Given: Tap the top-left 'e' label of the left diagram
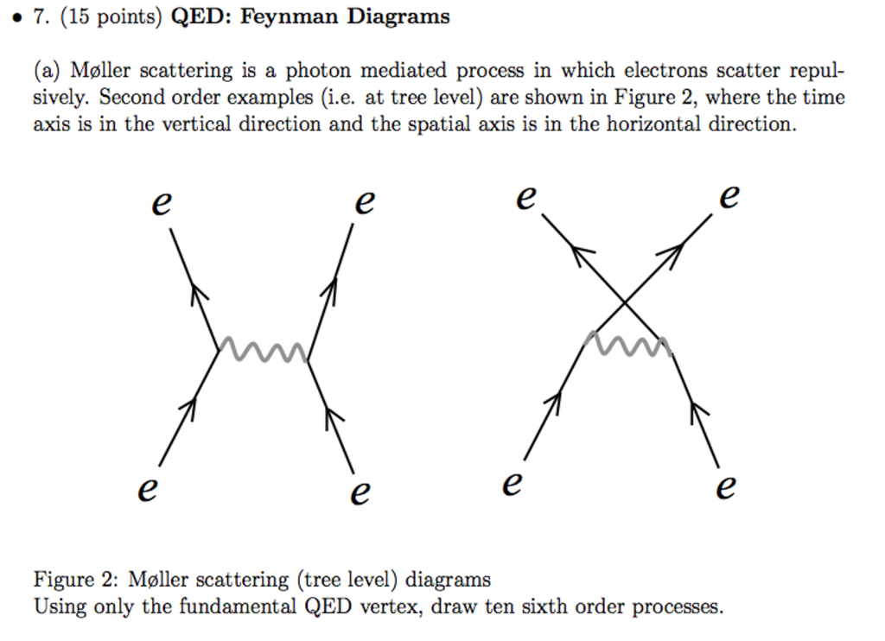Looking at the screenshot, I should pos(162,205).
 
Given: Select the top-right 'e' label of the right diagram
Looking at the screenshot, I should pos(729,197).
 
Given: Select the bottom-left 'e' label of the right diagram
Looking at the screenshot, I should pos(513,484).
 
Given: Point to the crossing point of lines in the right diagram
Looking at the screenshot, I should pos(625,301).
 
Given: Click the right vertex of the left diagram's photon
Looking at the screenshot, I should pos(308,356).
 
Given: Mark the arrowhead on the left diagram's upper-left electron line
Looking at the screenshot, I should pos(198,294).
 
